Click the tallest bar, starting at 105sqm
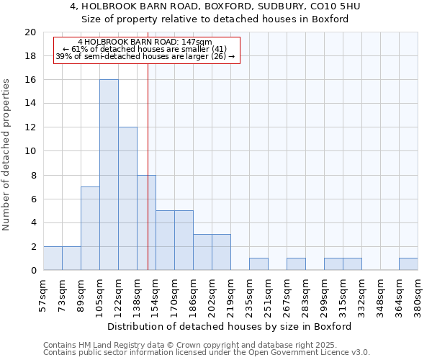tap(109, 175)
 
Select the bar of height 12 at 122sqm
tap(127, 199)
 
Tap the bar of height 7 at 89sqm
tap(90, 228)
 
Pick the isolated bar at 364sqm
tap(408, 264)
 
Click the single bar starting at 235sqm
tap(258, 264)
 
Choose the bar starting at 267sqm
tap(296, 264)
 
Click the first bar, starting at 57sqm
tap(53, 258)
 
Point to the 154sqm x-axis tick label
tap(156, 294)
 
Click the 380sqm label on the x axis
tap(418, 294)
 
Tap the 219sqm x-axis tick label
tap(230, 294)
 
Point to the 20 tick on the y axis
tap(30, 32)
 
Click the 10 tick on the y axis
tap(30, 151)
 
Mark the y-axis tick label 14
tap(30, 104)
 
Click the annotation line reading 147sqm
tap(145, 42)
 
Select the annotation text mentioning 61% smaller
tap(145, 50)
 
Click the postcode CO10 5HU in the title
tap(334, 6)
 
